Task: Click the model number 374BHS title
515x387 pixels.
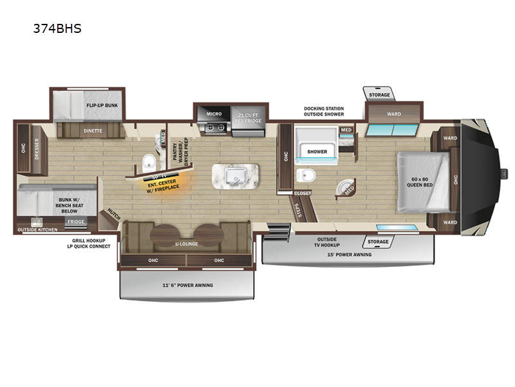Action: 58,30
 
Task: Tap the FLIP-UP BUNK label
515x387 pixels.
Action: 102,105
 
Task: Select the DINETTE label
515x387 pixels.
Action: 93,130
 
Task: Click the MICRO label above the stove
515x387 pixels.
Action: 214,114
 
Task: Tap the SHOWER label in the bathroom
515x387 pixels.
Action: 317,152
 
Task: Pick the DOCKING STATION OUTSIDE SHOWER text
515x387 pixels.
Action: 324,112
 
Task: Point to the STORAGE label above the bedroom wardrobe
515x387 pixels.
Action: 379,95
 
